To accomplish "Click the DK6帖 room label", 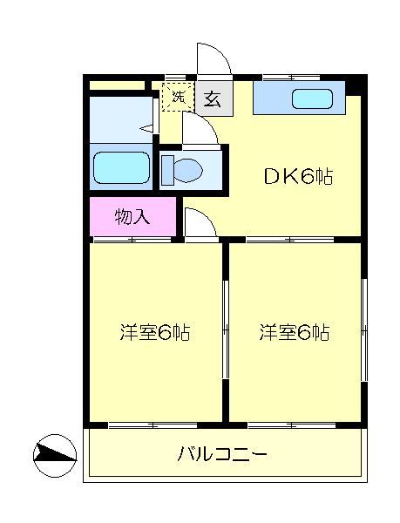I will click(299, 176).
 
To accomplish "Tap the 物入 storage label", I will click(132, 217).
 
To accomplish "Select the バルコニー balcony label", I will click(222, 454).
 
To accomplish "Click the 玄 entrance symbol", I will click(212, 98).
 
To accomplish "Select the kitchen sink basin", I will click(310, 99).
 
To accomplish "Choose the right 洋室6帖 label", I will click(294, 332).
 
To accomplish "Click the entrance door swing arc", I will click(214, 59).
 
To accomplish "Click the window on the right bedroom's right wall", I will click(363, 331).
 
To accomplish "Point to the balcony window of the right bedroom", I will click(293, 425).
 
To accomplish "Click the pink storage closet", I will click(132, 217).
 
